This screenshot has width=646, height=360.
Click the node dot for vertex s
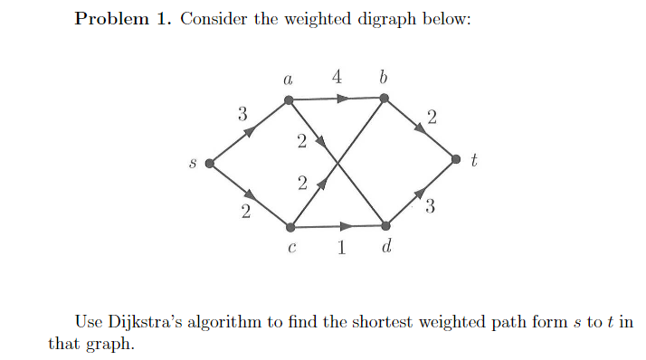tap(209, 164)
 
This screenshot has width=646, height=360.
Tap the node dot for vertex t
tap(457, 161)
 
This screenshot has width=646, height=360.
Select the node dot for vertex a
tap(289, 99)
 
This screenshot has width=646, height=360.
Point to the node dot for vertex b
tap(385, 98)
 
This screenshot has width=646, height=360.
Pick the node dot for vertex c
tap(289, 227)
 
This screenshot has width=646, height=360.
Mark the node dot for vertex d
tap(386, 225)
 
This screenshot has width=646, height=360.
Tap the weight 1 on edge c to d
tap(340, 250)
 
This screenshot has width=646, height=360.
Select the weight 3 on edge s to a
tap(242, 114)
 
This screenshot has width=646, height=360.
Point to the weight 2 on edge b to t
tap(432, 116)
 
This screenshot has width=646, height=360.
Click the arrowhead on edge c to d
tap(347, 226)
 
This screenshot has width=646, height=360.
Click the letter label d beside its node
tap(386, 248)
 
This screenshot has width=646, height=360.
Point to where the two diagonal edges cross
tap(337, 163)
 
